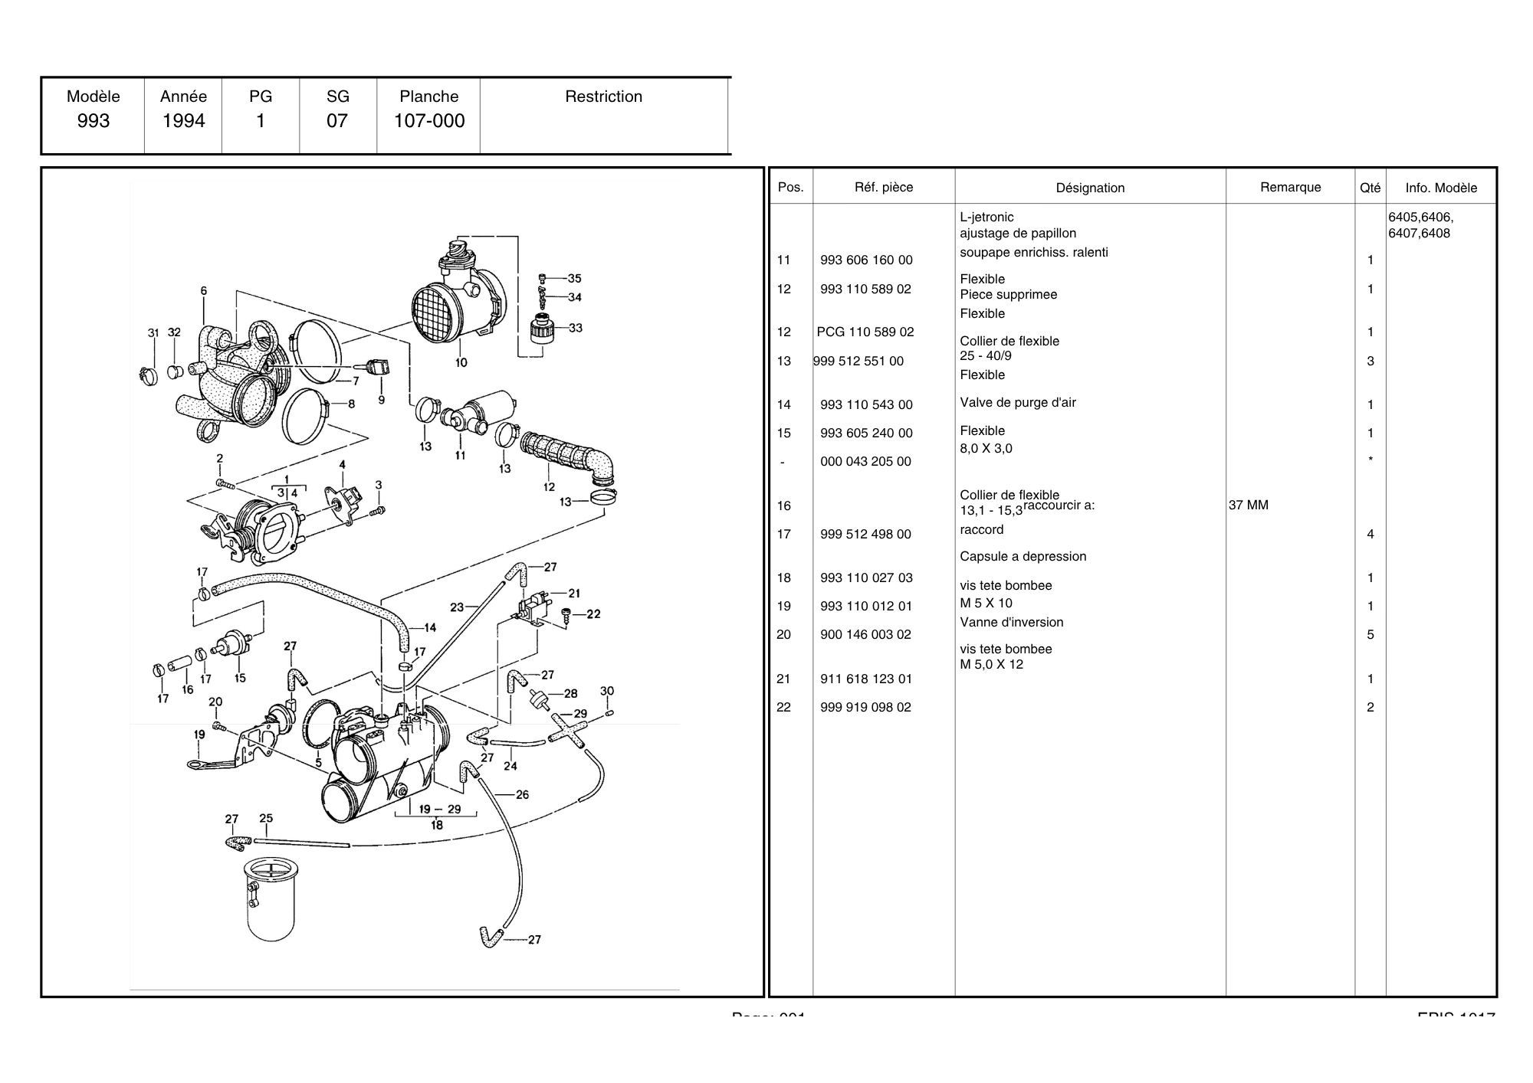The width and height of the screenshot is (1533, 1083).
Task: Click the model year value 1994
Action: [183, 121]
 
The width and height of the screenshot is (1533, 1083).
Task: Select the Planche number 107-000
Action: [429, 121]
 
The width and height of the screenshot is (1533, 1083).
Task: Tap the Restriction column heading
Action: [603, 97]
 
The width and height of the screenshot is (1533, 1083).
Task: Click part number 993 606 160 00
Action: [866, 260]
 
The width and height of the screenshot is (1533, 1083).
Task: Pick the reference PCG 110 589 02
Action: [865, 332]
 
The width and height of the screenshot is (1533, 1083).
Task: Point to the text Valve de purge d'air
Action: [1018, 403]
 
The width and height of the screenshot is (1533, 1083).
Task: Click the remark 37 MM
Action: [1249, 506]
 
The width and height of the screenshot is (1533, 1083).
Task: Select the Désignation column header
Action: [1090, 188]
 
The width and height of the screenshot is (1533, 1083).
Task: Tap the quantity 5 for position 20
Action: [1371, 635]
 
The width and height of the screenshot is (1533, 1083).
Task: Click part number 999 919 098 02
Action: [865, 708]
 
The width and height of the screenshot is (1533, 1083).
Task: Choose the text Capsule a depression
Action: [1023, 557]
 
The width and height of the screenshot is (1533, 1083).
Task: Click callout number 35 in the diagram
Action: [574, 279]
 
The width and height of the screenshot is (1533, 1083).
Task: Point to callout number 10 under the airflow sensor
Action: [461, 362]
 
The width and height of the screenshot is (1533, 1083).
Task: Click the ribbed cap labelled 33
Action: [543, 332]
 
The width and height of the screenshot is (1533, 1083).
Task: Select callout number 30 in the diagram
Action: [607, 691]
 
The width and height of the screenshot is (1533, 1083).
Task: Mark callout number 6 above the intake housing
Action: [204, 291]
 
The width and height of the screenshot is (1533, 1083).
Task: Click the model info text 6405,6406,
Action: [1420, 218]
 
